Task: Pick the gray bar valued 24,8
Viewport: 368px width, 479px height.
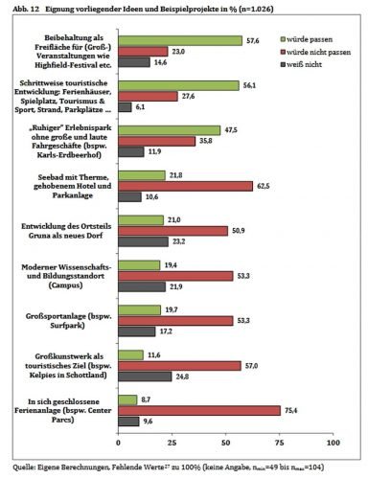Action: point(144,376)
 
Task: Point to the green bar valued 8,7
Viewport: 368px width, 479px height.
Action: point(126,398)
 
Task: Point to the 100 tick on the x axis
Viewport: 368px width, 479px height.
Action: point(333,443)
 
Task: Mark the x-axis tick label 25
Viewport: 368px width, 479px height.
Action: point(171,443)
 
